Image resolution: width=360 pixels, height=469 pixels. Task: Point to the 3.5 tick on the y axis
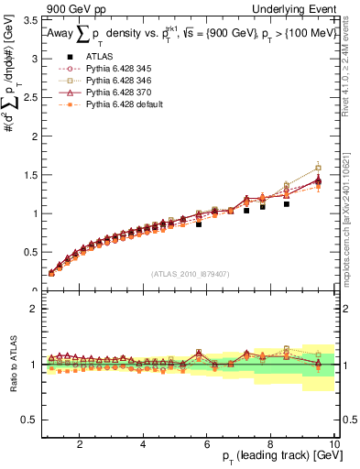(31, 19)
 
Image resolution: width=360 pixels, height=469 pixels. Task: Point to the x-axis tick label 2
(80, 444)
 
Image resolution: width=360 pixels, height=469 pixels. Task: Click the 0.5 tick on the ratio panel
(31, 420)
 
